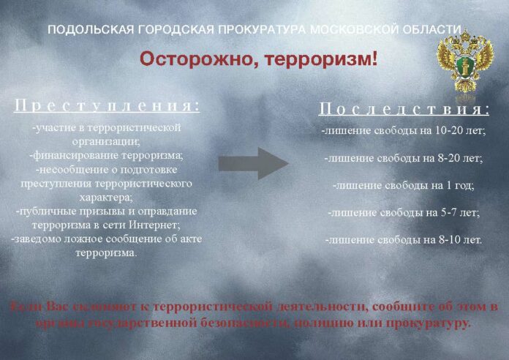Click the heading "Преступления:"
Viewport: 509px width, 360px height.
tap(107, 105)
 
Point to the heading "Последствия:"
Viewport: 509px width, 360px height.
tap(404, 110)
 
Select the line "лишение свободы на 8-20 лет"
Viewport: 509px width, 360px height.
tap(403, 157)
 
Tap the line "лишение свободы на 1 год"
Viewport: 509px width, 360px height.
tap(403, 185)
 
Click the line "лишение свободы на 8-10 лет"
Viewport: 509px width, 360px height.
tap(403, 239)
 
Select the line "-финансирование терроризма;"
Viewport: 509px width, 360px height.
tap(107, 155)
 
